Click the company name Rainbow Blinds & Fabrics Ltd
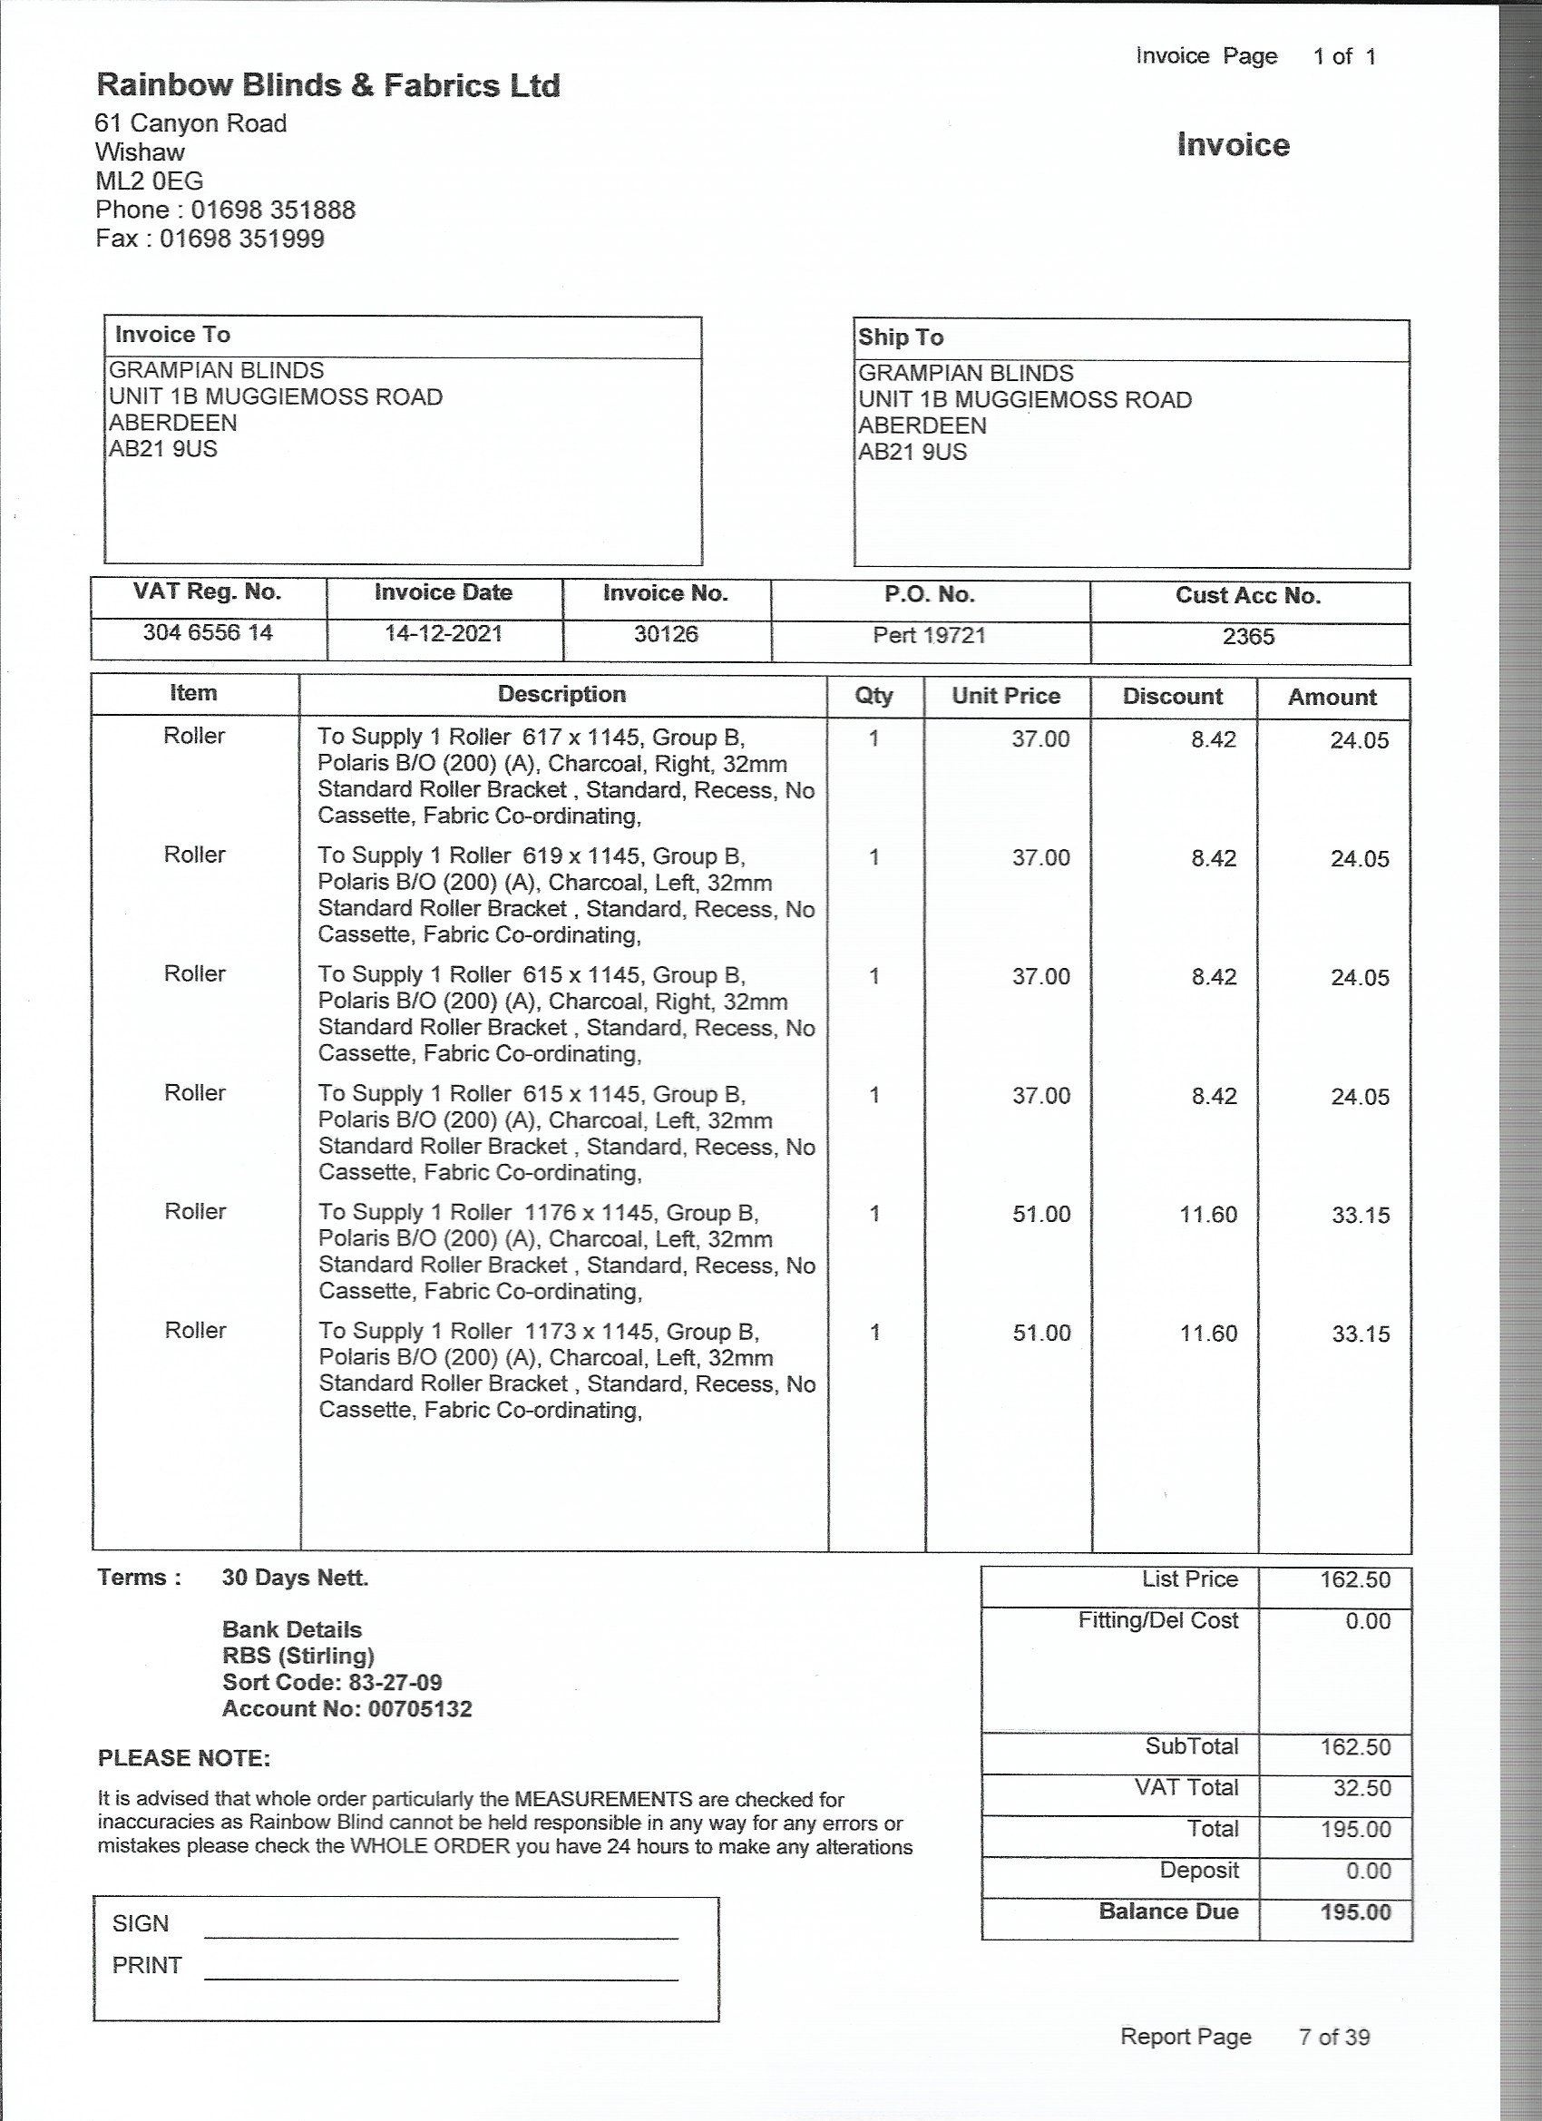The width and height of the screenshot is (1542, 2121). pos(328,86)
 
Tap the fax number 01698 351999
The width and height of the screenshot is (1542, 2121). pos(241,239)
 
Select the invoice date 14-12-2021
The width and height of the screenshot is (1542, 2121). pos(444,634)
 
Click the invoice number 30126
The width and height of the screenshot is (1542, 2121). pos(666,634)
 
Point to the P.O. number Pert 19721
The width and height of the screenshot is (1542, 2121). pos(930,636)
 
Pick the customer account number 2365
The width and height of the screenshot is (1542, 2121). pos(1248,637)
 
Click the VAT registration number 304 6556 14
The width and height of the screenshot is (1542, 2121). pos(208,633)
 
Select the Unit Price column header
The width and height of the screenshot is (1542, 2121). pos(1006,696)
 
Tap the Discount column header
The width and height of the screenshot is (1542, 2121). pos(1173,697)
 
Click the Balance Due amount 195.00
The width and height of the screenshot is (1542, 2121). pos(1355,1912)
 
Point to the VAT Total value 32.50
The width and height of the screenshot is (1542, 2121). pos(1361,1788)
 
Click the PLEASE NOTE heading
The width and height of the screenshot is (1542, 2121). pos(184,1758)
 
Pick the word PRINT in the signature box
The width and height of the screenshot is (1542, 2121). pos(147,1966)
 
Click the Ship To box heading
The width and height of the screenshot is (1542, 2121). pos(901,337)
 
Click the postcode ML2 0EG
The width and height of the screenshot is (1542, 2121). pos(150,181)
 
